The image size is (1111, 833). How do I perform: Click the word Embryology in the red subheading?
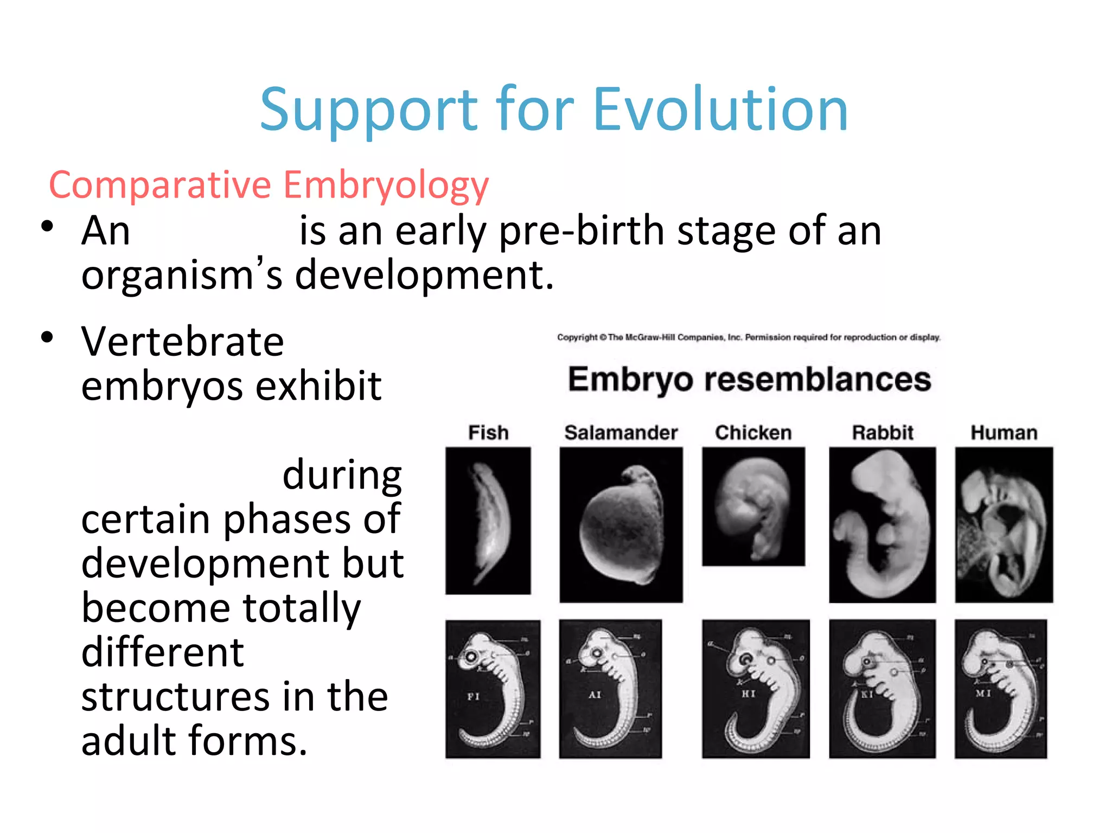pos(386,185)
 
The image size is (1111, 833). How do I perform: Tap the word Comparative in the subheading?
pos(160,185)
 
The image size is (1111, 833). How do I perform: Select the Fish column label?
pos(488,433)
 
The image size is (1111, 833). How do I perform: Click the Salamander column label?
pos(621,433)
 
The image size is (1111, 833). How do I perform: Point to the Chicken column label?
pos(753,433)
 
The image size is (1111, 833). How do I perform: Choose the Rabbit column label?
pos(883,433)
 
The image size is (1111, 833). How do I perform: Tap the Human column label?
pos(1004,433)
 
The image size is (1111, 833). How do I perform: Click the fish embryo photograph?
pos(488,521)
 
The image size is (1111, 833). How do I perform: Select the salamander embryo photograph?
pos(621,524)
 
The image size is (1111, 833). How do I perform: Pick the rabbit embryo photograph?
pos(882,524)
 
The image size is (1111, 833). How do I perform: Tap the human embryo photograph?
pos(1004,524)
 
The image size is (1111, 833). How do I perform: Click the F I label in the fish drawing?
pos(474,696)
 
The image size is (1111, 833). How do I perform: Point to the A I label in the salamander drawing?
pos(595,695)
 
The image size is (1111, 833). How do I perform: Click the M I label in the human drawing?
pos(983,693)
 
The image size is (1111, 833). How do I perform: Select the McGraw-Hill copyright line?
pos(749,337)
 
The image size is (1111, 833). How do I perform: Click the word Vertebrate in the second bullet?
pos(182,342)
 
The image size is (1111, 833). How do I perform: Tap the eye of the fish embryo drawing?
pos(471,657)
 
